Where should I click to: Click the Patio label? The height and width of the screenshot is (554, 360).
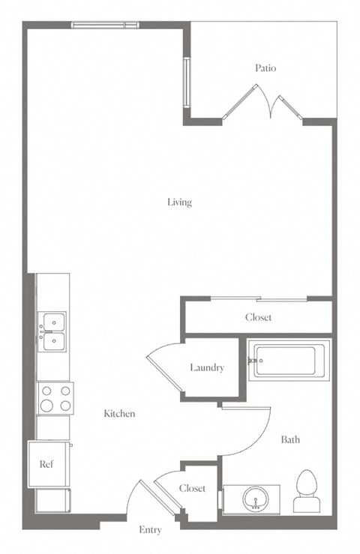[265, 67]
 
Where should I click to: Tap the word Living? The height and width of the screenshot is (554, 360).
[180, 202]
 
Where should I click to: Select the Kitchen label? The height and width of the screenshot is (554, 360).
[119, 413]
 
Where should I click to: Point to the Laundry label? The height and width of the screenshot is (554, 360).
[207, 368]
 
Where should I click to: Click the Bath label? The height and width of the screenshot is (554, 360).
[290, 439]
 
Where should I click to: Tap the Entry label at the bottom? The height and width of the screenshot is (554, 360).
[150, 530]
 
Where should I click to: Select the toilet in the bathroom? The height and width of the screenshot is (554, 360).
[307, 491]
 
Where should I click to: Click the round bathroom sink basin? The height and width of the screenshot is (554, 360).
[256, 499]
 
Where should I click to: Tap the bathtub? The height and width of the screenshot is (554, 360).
[289, 361]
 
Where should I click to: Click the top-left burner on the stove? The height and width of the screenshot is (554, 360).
[47, 391]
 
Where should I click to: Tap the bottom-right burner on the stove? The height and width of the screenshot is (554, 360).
[65, 406]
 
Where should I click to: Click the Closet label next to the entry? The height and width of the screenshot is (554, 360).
[192, 488]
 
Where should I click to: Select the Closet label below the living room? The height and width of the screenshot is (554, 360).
[259, 317]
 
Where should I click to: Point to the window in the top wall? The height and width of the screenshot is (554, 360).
[105, 25]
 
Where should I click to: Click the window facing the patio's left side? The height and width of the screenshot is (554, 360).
[187, 82]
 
